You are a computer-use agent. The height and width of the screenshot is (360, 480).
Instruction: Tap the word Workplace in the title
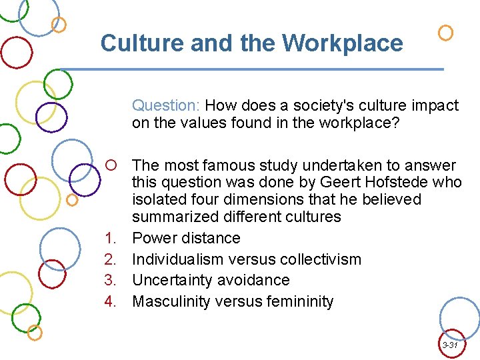tap(342, 43)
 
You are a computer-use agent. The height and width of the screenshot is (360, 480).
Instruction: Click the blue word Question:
tap(166, 105)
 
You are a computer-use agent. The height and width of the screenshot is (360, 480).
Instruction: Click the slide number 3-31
tap(450, 345)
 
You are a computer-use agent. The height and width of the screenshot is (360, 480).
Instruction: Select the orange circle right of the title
tap(446, 32)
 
